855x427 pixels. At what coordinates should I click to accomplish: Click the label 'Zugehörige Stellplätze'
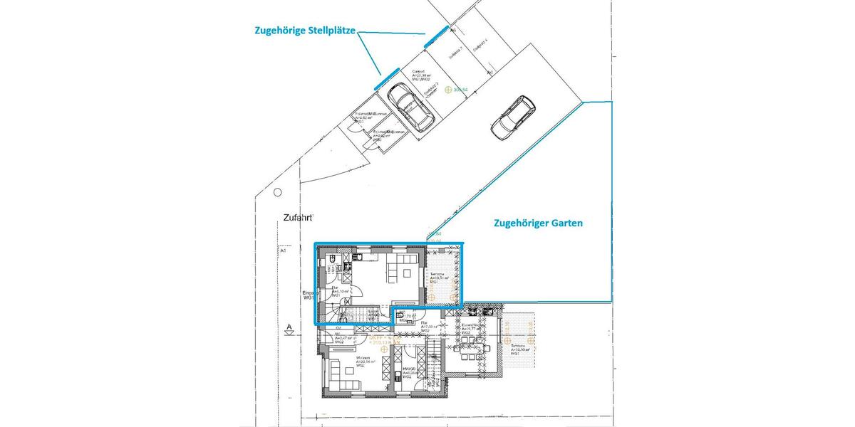click(x=306, y=31)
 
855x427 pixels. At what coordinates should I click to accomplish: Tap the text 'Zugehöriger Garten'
click(x=538, y=223)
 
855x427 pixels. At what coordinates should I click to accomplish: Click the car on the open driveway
click(x=512, y=115)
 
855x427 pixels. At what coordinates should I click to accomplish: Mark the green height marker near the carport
click(x=448, y=90)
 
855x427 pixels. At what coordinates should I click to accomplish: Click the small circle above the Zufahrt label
click(x=278, y=192)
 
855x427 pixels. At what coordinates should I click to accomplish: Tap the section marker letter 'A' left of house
click(x=288, y=328)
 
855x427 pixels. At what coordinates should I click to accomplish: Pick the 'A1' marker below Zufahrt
click(x=283, y=251)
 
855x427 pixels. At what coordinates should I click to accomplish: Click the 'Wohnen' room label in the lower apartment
click(x=363, y=360)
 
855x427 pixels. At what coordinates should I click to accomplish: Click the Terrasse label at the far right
click(x=518, y=349)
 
